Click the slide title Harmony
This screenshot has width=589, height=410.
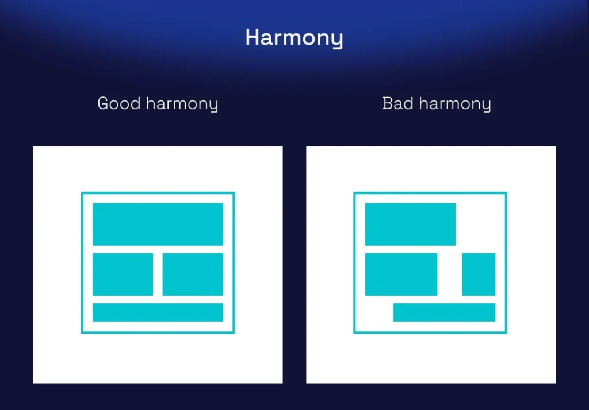click(x=294, y=38)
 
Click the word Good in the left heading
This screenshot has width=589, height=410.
click(x=119, y=103)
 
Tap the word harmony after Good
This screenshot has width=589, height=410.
click(x=182, y=104)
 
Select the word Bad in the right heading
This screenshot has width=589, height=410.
click(x=398, y=103)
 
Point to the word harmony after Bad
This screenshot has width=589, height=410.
click(x=455, y=104)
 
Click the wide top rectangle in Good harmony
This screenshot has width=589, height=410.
click(x=158, y=225)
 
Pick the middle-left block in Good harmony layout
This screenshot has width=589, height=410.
click(x=123, y=274)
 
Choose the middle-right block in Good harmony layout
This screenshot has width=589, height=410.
click(x=193, y=274)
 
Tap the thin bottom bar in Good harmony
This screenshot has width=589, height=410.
click(x=158, y=312)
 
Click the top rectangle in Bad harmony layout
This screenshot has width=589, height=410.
click(x=410, y=225)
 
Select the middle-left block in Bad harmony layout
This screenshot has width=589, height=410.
click(x=401, y=274)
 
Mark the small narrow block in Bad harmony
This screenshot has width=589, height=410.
click(x=479, y=274)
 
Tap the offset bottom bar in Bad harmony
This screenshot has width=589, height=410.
click(x=445, y=312)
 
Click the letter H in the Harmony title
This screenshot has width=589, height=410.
click(x=253, y=37)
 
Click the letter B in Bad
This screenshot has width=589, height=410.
click(x=387, y=103)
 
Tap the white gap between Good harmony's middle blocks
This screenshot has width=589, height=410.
click(x=158, y=274)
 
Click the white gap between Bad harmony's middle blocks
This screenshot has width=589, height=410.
click(x=450, y=274)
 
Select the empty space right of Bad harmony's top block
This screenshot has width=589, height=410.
click(x=476, y=225)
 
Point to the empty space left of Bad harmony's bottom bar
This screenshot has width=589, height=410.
click(x=378, y=312)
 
